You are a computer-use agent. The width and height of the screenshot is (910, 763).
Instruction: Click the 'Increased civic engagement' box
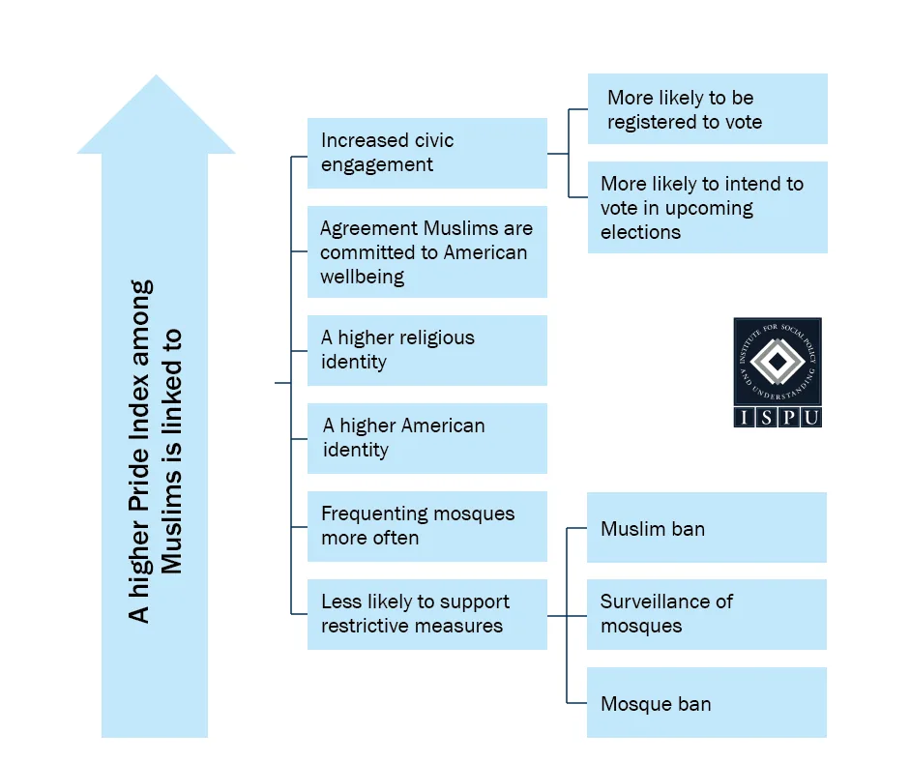point(426,153)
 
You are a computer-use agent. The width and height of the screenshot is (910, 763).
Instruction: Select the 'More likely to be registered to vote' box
point(707,109)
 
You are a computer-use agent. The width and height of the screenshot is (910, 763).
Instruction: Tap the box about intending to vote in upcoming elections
point(707,208)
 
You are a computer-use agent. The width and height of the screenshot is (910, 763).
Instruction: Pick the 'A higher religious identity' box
point(426,350)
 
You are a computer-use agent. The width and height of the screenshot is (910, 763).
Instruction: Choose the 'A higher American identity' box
point(426,438)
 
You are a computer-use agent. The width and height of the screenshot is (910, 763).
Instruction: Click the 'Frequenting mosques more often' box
point(426,526)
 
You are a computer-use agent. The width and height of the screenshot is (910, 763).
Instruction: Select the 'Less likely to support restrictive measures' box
point(426,614)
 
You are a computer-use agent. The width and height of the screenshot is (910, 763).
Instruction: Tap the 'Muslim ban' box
point(706,528)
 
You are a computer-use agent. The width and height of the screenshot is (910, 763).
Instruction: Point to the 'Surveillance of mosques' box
point(706,614)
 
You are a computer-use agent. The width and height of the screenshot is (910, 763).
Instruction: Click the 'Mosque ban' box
point(706,703)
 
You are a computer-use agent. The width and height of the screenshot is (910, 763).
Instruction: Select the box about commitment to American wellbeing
point(426,251)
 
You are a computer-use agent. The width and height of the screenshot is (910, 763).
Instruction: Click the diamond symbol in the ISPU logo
point(778,364)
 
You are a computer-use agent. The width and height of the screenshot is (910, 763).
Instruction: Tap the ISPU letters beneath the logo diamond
point(778,418)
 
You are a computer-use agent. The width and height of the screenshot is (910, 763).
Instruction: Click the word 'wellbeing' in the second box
point(363,277)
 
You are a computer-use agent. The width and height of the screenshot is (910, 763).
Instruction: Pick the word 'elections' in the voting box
point(640,232)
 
